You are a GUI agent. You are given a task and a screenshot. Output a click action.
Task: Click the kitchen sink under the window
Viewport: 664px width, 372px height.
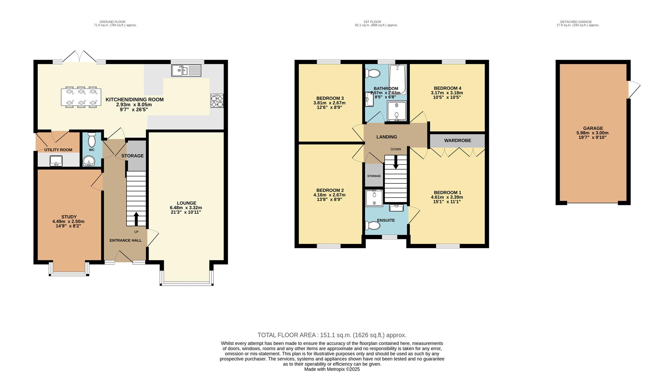(x=186, y=71)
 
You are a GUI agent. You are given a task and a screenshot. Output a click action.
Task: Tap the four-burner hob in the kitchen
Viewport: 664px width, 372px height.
(x=217, y=101)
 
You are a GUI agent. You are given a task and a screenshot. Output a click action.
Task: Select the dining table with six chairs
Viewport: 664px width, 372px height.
(x=81, y=97)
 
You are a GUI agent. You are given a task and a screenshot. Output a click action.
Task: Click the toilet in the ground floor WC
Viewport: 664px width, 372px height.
(x=92, y=140)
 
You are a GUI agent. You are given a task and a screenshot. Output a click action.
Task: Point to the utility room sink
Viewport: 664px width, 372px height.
(x=56, y=161)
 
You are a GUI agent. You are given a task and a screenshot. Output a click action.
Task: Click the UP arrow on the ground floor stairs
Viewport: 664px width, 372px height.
(x=136, y=219)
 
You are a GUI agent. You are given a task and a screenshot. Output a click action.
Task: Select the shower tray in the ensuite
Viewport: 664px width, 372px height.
(x=374, y=198)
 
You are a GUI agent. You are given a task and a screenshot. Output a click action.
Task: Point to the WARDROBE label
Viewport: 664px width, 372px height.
(x=457, y=141)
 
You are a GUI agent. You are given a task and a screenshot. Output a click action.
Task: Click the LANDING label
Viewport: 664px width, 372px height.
(x=386, y=137)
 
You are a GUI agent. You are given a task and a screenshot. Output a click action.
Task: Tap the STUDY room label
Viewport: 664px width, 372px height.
(x=69, y=217)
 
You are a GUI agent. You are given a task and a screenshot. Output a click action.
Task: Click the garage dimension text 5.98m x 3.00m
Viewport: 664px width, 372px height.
(x=592, y=133)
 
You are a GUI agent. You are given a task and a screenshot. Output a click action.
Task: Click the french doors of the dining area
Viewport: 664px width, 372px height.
(x=80, y=57)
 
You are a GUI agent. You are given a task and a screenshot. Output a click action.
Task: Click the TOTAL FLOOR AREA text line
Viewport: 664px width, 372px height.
(x=332, y=335)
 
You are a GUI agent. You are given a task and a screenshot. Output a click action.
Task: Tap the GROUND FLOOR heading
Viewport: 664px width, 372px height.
(x=112, y=22)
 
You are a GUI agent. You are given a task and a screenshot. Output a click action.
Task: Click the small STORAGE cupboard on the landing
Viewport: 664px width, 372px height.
(x=373, y=176)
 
